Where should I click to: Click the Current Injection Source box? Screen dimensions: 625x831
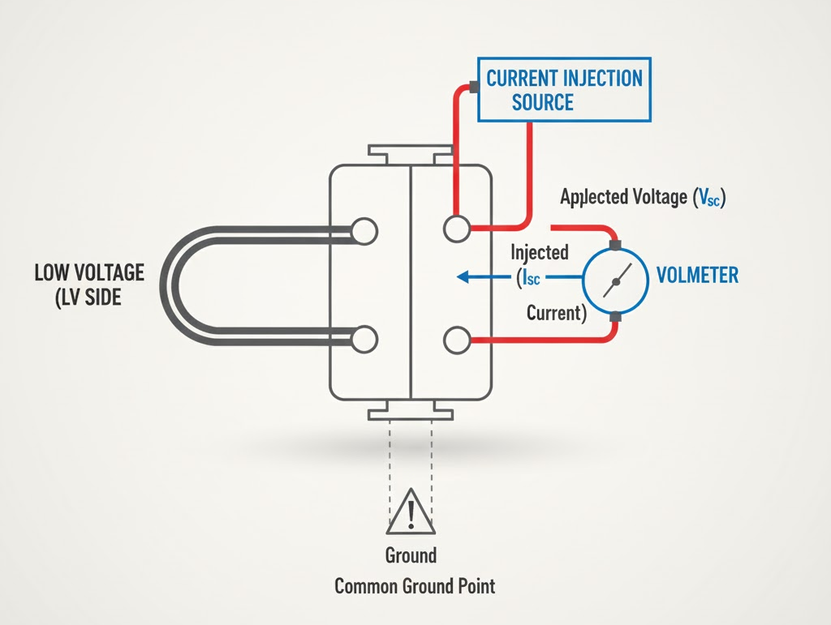pos(564,90)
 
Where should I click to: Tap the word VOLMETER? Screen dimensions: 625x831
pos(698,275)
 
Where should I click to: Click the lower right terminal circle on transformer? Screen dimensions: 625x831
pos(456,339)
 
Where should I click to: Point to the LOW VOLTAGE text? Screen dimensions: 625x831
pos(89,272)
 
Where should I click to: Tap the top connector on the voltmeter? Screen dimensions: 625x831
pos(615,244)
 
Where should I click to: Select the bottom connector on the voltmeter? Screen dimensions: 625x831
pos(615,317)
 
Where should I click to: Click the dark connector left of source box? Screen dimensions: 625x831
pos(472,85)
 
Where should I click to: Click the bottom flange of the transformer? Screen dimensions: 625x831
pos(410,413)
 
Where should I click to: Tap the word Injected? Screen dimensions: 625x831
pos(539,253)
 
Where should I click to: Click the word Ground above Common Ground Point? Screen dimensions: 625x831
pos(411,555)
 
